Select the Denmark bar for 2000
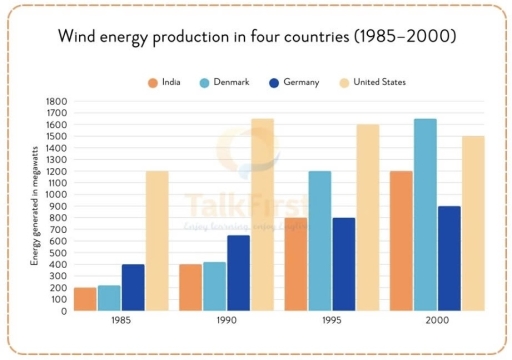[x=425, y=215]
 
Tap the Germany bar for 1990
[x=239, y=273]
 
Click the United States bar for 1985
[x=156, y=241]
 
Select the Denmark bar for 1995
[x=319, y=241]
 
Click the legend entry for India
[x=167, y=82]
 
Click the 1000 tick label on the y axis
[x=55, y=194]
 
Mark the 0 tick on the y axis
[x=62, y=311]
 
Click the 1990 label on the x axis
[x=225, y=323]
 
